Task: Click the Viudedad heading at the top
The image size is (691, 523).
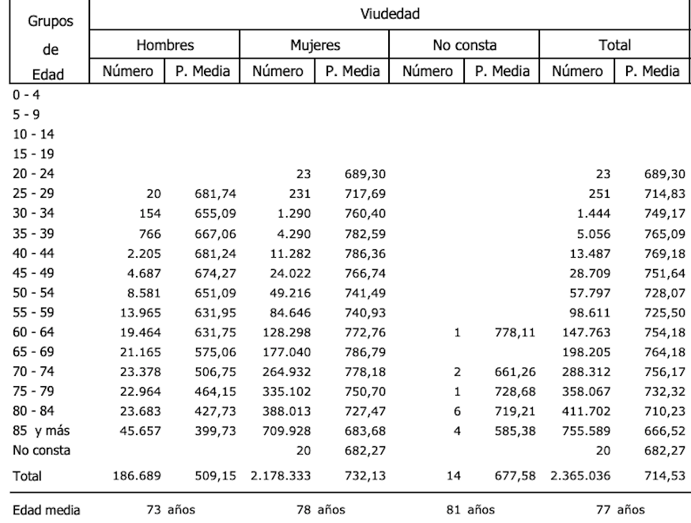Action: [389, 13]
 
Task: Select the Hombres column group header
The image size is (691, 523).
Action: [164, 45]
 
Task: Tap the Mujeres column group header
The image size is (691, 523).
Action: [314, 45]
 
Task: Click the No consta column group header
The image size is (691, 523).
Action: [464, 45]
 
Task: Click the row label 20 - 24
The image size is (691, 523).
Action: [28, 172]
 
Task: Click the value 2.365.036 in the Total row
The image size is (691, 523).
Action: [575, 476]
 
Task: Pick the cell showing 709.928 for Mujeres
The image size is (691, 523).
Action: [285, 432]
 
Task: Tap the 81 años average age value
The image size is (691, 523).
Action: [472, 510]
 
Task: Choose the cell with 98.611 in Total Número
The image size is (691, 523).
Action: [585, 313]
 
